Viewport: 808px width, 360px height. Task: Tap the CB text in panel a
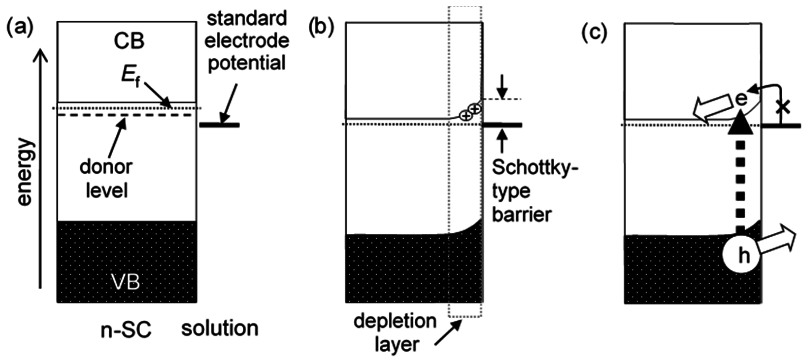tap(129, 41)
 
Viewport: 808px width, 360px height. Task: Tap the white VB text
tap(126, 282)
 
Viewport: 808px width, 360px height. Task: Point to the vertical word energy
tap(25, 172)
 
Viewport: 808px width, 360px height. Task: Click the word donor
tap(106, 167)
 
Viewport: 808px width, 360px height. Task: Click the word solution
tap(220, 328)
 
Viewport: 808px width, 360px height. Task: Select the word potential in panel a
tap(247, 63)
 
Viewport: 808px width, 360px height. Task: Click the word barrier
tap(522, 215)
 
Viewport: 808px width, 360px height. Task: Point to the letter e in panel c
tap(741, 99)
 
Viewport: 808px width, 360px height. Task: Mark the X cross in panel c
tap(783, 108)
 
